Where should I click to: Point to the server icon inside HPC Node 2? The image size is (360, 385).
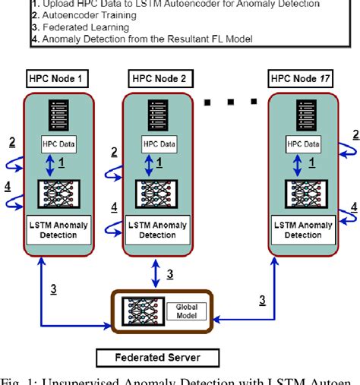point(157,117)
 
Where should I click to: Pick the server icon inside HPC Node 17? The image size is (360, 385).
point(304,117)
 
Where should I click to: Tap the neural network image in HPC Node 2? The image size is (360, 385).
point(157,194)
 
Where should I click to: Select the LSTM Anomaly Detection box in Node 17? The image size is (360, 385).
point(304,229)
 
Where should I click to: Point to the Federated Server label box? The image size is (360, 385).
point(158,358)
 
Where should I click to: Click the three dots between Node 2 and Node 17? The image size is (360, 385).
point(231,99)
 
